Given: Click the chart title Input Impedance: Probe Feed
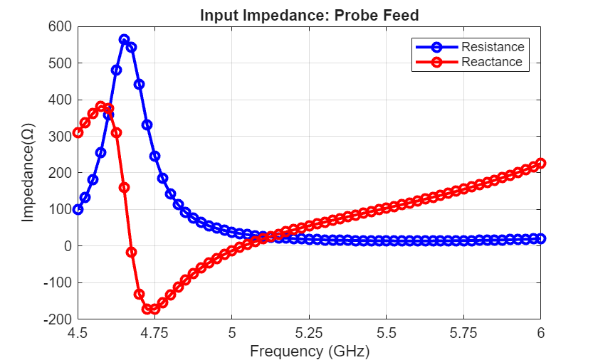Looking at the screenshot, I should click(309, 15).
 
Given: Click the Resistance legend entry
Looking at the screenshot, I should click(492, 47).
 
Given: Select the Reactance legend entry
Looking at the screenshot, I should click(491, 62).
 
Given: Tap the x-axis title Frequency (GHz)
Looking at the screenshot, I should click(309, 351).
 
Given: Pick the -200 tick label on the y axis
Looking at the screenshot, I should click(59, 319).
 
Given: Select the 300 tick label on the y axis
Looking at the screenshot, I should click(62, 137).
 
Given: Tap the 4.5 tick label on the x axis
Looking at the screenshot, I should click(78, 333).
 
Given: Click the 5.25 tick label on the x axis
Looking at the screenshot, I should click(309, 333).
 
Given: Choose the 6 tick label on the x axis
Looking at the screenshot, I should click(541, 333).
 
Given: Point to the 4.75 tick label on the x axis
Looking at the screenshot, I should click(154, 333).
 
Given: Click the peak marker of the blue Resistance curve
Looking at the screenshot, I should click(124, 40).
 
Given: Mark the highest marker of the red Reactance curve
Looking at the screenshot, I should click(101, 107).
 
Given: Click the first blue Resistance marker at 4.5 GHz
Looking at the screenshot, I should click(78, 209).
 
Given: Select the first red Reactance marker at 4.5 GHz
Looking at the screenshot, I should click(78, 132).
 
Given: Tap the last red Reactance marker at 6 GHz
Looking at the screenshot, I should click(541, 163).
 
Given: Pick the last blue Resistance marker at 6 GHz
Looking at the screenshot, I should click(541, 238).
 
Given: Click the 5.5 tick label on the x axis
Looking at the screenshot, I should click(387, 333).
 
